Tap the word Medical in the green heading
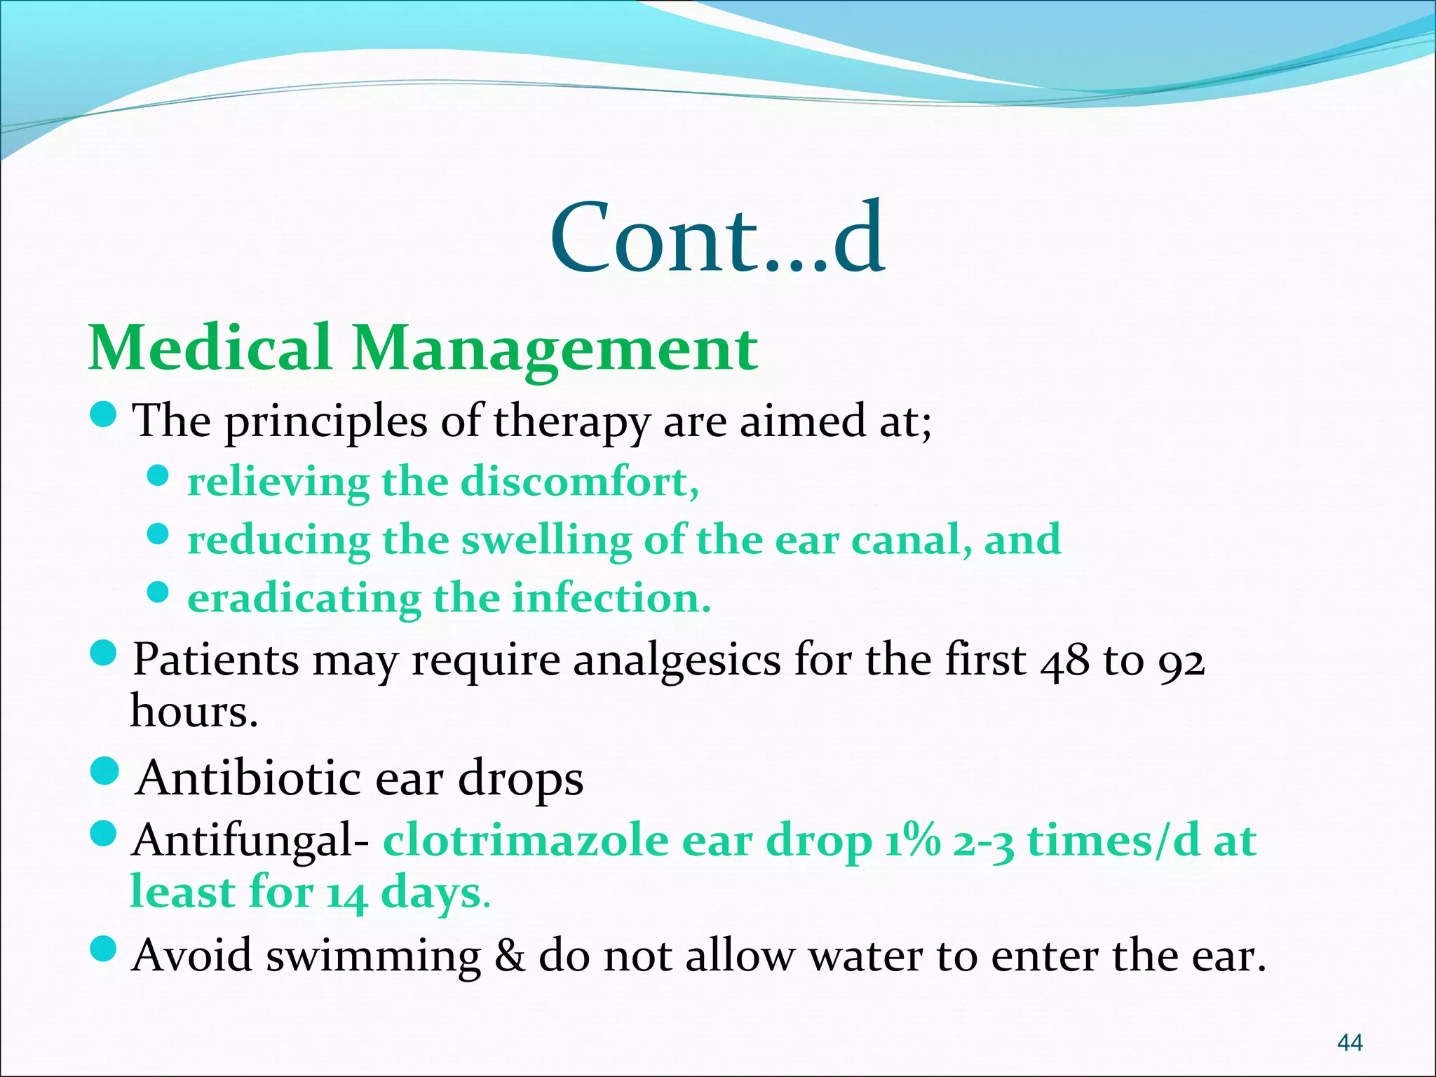[x=210, y=348]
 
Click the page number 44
[x=1350, y=1043]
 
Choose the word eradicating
[x=304, y=600]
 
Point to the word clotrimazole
[x=525, y=841]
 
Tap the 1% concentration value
[x=912, y=841]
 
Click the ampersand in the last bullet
[x=509, y=955]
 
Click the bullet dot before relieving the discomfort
[x=159, y=477]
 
